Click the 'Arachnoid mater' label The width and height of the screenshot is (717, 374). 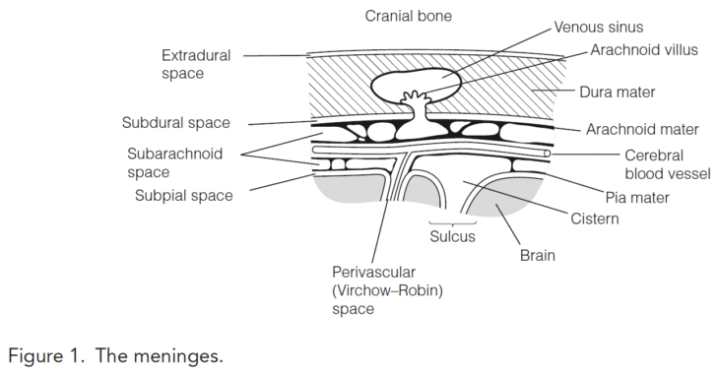click(x=641, y=129)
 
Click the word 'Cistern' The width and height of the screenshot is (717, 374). click(x=594, y=218)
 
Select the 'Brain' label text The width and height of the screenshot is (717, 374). click(x=538, y=256)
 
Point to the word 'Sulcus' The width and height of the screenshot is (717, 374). click(x=452, y=237)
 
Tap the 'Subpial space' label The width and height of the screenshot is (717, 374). click(x=183, y=195)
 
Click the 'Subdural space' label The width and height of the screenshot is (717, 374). click(x=176, y=124)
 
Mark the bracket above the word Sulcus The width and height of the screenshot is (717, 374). click(x=452, y=222)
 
